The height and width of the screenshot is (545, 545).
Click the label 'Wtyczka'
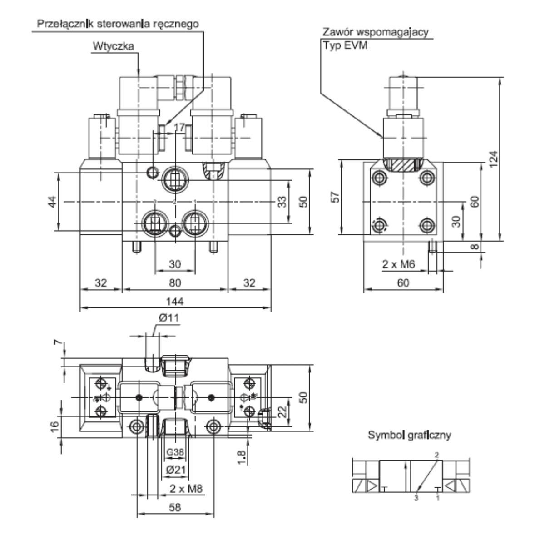click(114, 46)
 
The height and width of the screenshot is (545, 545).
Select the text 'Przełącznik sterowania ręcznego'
click(118, 24)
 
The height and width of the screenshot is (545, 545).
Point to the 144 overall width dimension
click(175, 302)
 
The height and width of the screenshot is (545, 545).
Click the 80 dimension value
click(175, 283)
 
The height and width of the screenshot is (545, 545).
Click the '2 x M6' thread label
click(398, 264)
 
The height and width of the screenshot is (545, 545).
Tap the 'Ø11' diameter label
click(169, 318)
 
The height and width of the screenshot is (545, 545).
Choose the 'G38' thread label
click(175, 452)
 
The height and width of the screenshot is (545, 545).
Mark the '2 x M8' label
click(186, 489)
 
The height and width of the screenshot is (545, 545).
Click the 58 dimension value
click(175, 507)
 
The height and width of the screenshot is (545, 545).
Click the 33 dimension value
click(282, 201)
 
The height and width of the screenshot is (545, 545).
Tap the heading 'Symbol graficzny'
click(409, 435)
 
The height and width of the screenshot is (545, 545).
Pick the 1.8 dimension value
click(242, 456)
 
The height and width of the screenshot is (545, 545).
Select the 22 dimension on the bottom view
click(282, 411)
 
